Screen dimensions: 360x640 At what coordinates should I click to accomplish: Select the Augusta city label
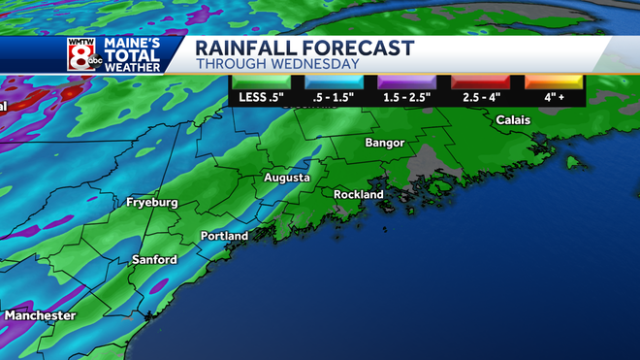(287, 179)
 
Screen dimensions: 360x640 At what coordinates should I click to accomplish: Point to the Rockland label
(359, 194)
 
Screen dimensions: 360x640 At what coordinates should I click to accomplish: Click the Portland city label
(224, 236)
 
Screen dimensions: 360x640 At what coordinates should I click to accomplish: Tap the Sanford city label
(154, 260)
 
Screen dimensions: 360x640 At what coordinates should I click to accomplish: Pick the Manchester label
(40, 316)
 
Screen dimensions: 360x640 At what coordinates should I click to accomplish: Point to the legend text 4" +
(554, 99)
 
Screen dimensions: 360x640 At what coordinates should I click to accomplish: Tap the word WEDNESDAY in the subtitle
(309, 64)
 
